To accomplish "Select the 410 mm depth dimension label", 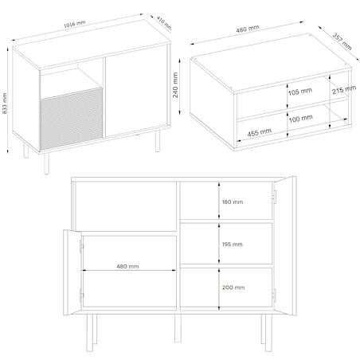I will [162, 22].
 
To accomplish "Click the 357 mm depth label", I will [341, 40].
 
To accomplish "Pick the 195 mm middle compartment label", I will [233, 245].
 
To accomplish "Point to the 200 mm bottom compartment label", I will [233, 287].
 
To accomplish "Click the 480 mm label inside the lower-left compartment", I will [127, 267].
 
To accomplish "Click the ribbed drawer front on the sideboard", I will [72, 115].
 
